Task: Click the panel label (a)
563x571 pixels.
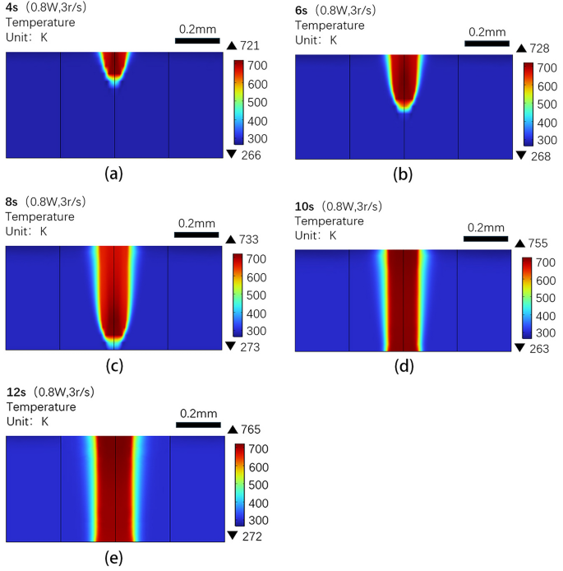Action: click(x=114, y=174)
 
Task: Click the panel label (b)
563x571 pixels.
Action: click(x=404, y=174)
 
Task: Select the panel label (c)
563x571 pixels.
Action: click(x=114, y=366)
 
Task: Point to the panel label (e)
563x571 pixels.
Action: click(x=114, y=558)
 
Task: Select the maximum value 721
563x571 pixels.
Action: click(x=250, y=47)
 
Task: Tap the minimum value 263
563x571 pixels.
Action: click(x=539, y=348)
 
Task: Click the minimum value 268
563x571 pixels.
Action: click(x=539, y=155)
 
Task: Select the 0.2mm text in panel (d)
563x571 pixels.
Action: click(x=485, y=228)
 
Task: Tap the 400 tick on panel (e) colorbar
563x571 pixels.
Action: click(x=256, y=504)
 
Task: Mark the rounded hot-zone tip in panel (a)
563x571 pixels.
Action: click(x=115, y=77)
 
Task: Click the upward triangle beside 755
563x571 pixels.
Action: click(x=519, y=243)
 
